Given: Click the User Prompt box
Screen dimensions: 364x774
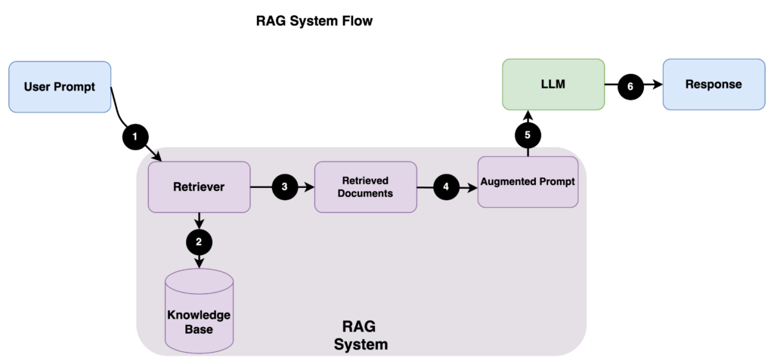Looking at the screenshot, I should click(x=60, y=87).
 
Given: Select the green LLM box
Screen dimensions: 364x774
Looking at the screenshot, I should click(x=554, y=85).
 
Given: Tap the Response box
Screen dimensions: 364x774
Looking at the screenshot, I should click(x=713, y=85).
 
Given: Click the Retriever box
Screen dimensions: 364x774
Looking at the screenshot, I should click(x=199, y=187).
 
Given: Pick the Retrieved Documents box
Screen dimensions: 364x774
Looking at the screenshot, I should click(x=365, y=187).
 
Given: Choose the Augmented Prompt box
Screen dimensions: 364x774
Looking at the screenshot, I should click(x=528, y=182).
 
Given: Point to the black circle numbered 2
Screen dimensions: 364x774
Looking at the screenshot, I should click(x=199, y=242).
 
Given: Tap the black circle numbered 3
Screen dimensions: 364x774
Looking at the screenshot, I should click(x=284, y=187).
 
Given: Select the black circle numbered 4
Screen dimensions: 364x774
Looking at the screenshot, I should click(x=446, y=187).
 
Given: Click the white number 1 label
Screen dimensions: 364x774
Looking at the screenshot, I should click(x=135, y=137).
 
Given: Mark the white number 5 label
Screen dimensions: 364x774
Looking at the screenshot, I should click(x=528, y=135).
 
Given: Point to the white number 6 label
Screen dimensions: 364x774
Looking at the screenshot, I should click(x=630, y=87).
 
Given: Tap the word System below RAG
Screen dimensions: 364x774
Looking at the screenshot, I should click(x=361, y=344).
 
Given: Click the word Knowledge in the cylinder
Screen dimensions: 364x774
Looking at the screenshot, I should click(x=199, y=315).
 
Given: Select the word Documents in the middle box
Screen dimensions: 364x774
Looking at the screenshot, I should click(x=365, y=193).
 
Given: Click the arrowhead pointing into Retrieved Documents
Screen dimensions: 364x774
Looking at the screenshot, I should click(x=310, y=187).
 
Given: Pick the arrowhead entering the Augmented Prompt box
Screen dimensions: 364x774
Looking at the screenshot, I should click(x=473, y=187).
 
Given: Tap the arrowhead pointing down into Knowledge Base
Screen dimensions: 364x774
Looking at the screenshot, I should click(x=199, y=264).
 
